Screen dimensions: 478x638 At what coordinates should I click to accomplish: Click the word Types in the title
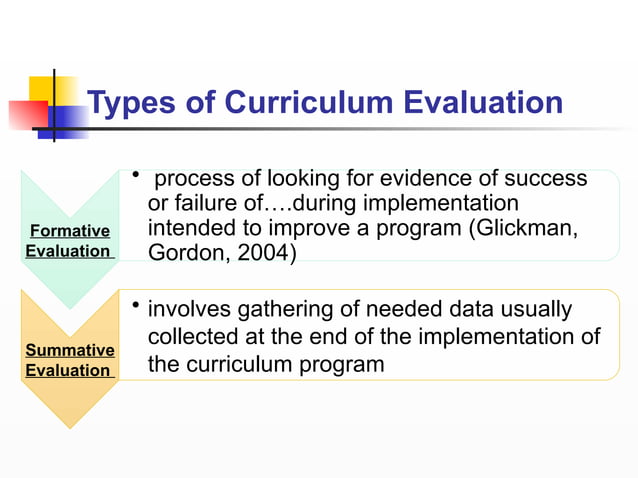point(131,103)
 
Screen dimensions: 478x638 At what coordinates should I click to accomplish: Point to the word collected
point(196,338)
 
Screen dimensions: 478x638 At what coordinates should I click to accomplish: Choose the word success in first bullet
point(546,179)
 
